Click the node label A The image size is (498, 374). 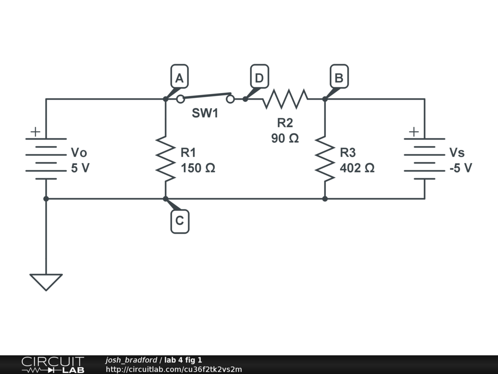[x=179, y=76]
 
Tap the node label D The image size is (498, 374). [x=260, y=76]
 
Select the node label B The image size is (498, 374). [x=339, y=76]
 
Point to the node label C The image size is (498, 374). [x=180, y=221]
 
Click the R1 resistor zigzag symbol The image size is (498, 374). [x=165, y=159]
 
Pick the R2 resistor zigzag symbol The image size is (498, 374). [x=285, y=99]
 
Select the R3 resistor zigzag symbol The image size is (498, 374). [x=325, y=159]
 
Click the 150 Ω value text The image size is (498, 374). [x=198, y=168]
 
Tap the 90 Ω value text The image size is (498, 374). [x=285, y=138]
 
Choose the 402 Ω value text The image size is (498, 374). [x=357, y=168]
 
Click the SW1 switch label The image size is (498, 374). [x=205, y=113]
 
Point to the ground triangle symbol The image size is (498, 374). [x=46, y=282]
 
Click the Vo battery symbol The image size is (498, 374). [x=46, y=159]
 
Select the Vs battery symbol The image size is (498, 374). [x=425, y=159]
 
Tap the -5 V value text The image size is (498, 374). [x=461, y=168]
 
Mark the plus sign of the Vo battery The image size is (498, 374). [x=35, y=131]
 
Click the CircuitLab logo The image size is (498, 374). [x=53, y=365]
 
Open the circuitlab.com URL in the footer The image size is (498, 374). [x=174, y=369]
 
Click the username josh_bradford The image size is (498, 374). [x=131, y=360]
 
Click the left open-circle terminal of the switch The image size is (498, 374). [x=180, y=99]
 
